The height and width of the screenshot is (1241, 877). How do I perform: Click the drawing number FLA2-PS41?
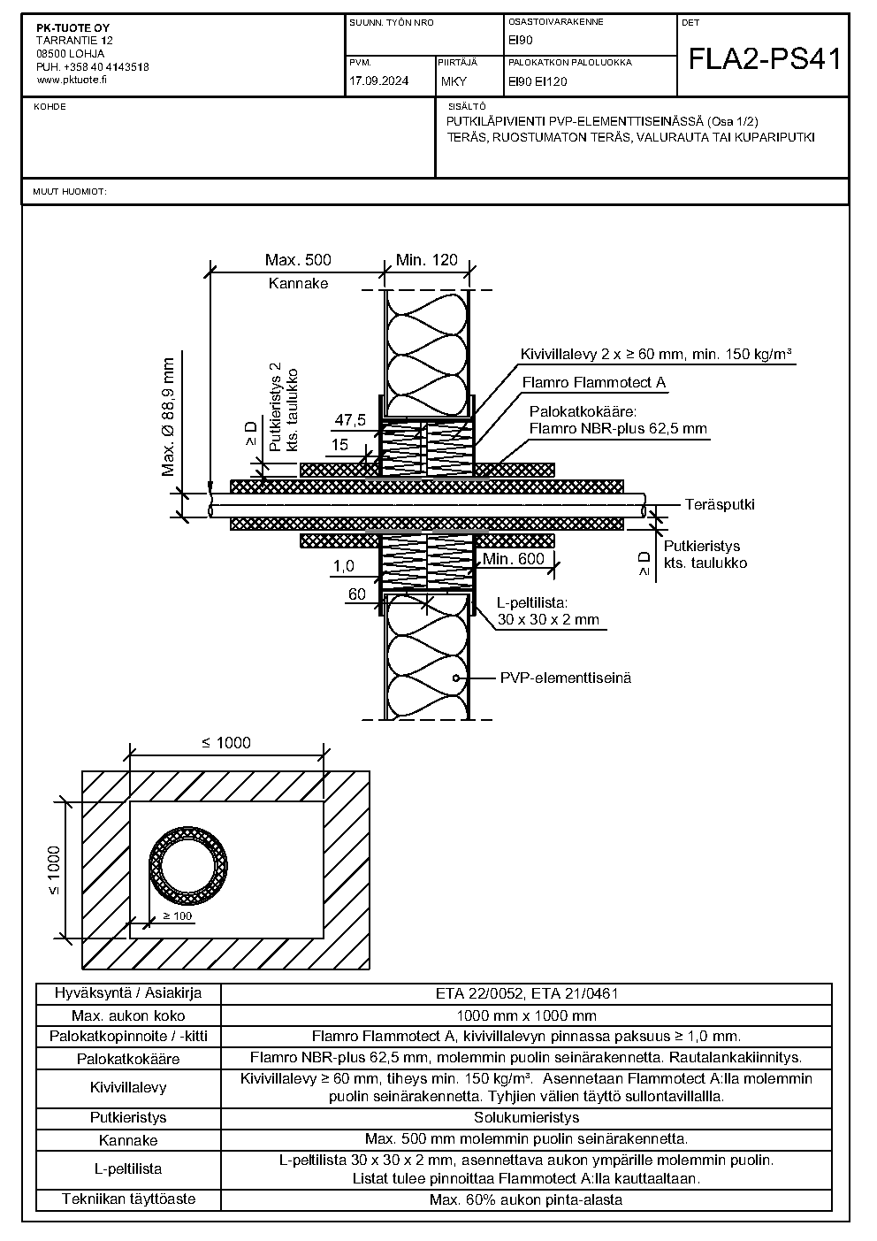pyautogui.click(x=764, y=59)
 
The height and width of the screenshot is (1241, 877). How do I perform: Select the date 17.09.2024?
pyautogui.click(x=378, y=80)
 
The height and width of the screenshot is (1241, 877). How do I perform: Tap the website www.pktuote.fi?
pyautogui.click(x=72, y=80)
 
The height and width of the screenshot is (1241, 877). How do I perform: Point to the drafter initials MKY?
pyautogui.click(x=454, y=81)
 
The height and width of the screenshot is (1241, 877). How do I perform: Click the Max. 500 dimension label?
pyautogui.click(x=298, y=260)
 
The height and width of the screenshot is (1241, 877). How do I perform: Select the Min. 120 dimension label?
pyautogui.click(x=427, y=260)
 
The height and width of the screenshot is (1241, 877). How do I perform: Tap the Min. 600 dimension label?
pyautogui.click(x=514, y=558)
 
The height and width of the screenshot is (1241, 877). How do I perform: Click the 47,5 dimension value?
pyautogui.click(x=350, y=420)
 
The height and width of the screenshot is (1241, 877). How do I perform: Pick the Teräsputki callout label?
pyautogui.click(x=720, y=505)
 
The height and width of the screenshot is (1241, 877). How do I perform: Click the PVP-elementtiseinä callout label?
pyautogui.click(x=565, y=678)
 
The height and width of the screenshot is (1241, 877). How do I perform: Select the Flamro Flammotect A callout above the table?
pyautogui.click(x=593, y=382)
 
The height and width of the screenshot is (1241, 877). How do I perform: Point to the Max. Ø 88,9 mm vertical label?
pyautogui.click(x=168, y=417)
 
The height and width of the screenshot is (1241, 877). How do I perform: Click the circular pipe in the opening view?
pyautogui.click(x=188, y=865)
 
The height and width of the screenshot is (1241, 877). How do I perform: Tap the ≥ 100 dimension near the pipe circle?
pyautogui.click(x=177, y=916)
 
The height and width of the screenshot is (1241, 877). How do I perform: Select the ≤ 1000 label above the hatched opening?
pyautogui.click(x=226, y=742)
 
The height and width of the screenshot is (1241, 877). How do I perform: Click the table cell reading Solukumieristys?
pyautogui.click(x=526, y=1117)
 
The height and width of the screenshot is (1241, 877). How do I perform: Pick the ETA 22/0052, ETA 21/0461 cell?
pyautogui.click(x=527, y=993)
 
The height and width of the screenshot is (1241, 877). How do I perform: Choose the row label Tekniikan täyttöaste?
pyautogui.click(x=128, y=1199)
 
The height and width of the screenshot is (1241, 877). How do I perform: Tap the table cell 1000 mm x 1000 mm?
pyautogui.click(x=527, y=1015)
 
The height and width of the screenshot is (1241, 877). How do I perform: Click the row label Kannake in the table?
pyautogui.click(x=128, y=1140)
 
